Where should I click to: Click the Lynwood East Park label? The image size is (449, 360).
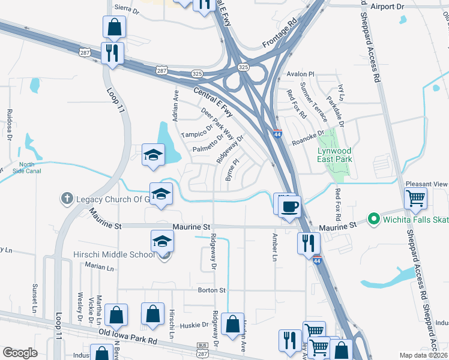point(335,155)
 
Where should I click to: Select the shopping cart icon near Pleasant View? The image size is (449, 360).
point(415,199)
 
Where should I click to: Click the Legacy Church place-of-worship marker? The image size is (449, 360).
point(66,198)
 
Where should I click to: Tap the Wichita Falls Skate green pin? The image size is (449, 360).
point(373,220)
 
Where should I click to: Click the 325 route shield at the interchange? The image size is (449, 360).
point(243,68)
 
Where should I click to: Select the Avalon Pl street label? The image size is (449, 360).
point(301,74)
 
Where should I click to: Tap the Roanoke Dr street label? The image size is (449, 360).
point(307,139)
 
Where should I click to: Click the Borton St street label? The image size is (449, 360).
point(211,290)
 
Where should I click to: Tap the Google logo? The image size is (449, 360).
point(20,353)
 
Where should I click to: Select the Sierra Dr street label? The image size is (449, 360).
point(126,11)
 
